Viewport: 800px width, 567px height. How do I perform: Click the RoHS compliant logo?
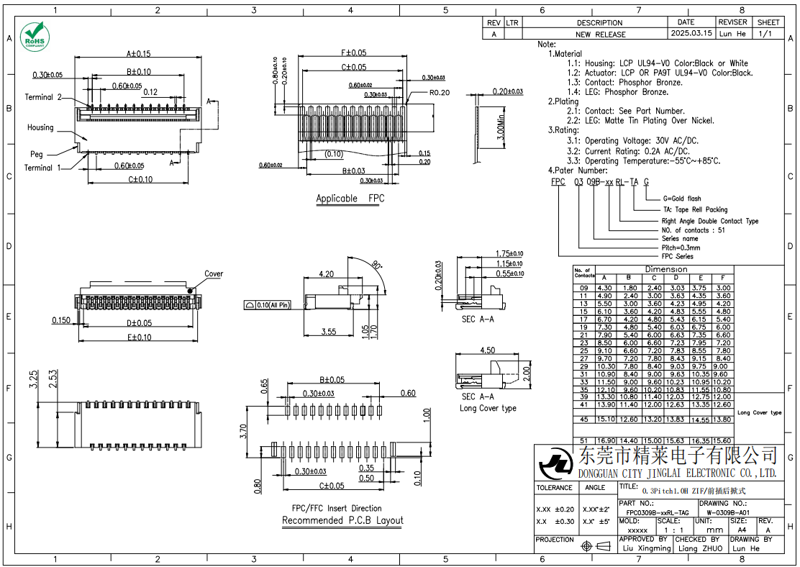(33, 36)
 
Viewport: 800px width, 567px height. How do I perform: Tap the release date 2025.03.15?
(691, 33)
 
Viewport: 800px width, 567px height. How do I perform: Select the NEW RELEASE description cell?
(600, 34)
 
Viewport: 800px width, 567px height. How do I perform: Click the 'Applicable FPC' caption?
(350, 198)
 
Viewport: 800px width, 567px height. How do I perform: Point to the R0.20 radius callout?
(439, 93)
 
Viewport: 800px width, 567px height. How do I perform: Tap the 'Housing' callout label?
(40, 127)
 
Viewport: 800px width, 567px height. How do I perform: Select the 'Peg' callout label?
(36, 154)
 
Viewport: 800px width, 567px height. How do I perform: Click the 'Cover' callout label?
(214, 273)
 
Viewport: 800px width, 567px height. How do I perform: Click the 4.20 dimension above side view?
(325, 274)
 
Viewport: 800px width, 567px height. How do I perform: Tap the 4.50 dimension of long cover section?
(487, 350)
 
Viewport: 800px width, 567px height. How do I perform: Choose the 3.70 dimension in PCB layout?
(244, 430)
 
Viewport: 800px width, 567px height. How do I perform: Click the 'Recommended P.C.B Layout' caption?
(342, 520)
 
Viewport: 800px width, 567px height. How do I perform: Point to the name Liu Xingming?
(645, 548)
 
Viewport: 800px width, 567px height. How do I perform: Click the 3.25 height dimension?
(33, 379)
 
